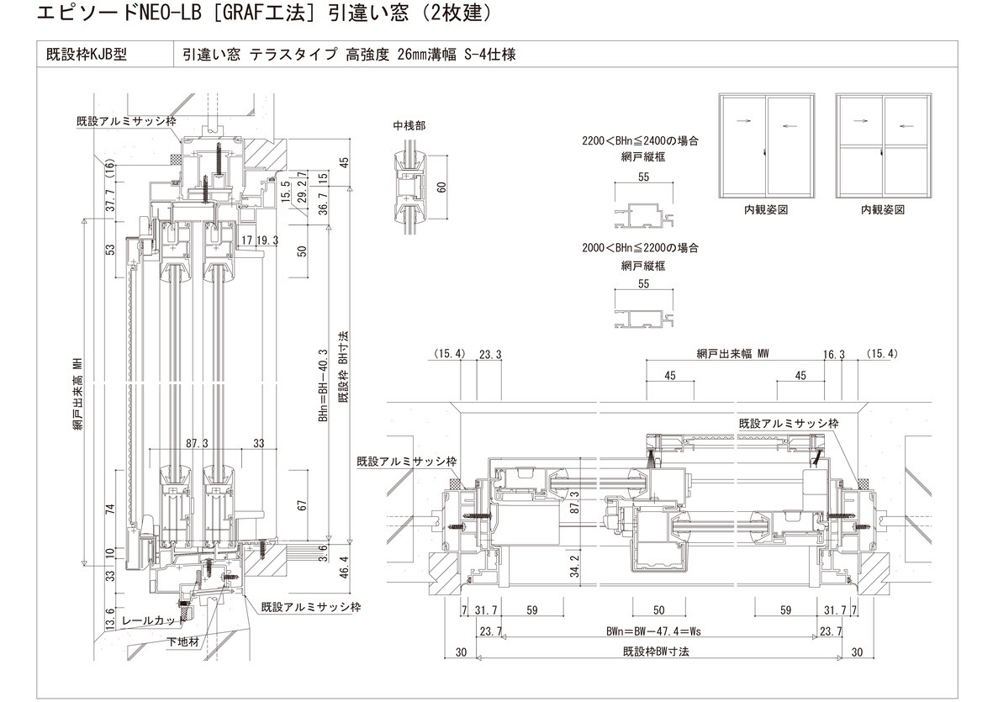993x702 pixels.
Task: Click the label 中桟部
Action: (409, 125)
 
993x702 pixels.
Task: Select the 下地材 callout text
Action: (182, 642)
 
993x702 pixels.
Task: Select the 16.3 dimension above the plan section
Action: (834, 355)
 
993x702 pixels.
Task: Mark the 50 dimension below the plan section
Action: (659, 611)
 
